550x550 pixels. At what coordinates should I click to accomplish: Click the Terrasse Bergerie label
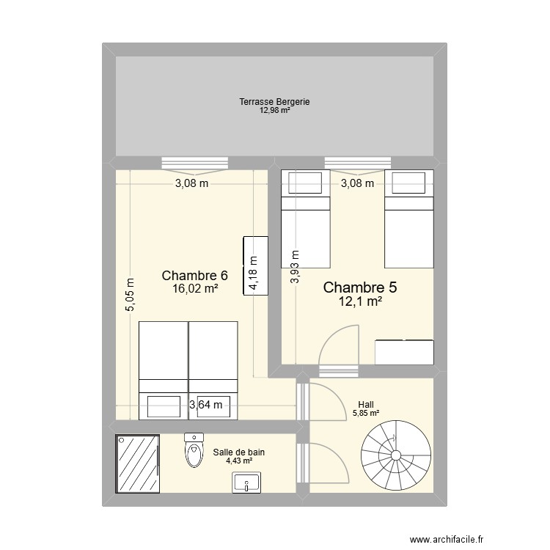tap(274, 102)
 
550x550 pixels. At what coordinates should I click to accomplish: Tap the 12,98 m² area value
tap(274, 111)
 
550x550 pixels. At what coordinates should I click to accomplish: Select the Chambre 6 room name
tap(195, 276)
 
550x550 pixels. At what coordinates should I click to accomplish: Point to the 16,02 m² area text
tap(195, 289)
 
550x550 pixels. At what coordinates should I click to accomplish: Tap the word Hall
tap(365, 404)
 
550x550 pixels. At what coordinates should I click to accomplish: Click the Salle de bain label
tap(239, 452)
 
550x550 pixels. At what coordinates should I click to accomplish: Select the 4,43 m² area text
tap(239, 461)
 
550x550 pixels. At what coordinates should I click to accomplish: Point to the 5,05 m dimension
tap(131, 295)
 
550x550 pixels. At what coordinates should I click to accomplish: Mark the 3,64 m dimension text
tap(205, 404)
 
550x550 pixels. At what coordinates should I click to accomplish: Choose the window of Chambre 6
tap(194, 163)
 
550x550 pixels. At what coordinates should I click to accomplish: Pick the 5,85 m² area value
tap(365, 413)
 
